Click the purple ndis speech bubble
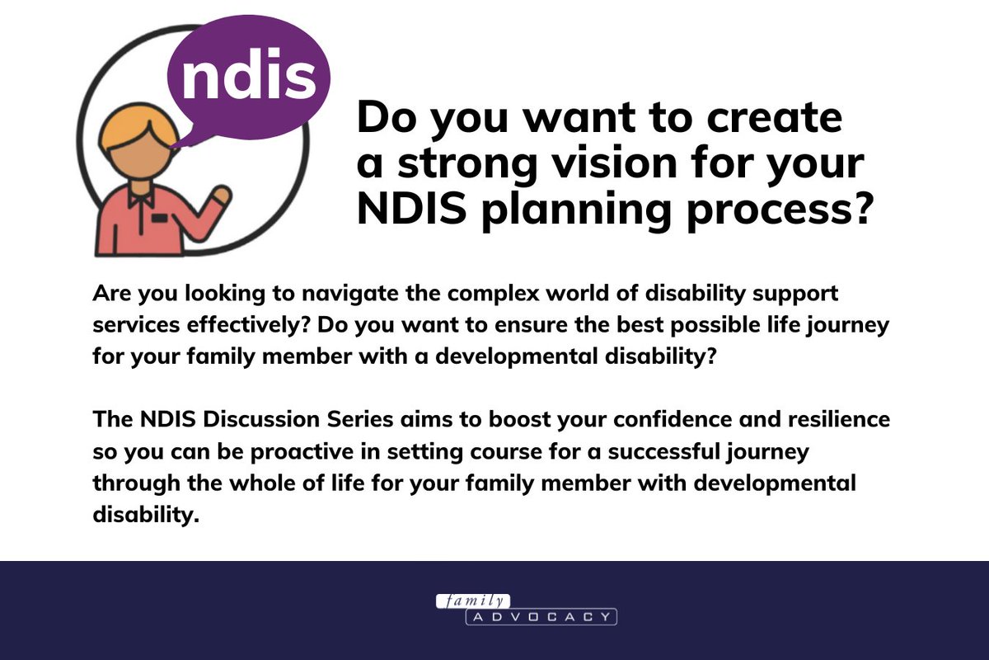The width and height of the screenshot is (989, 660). pyautogui.click(x=248, y=76)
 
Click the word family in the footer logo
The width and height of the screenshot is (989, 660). pyautogui.click(x=473, y=601)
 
